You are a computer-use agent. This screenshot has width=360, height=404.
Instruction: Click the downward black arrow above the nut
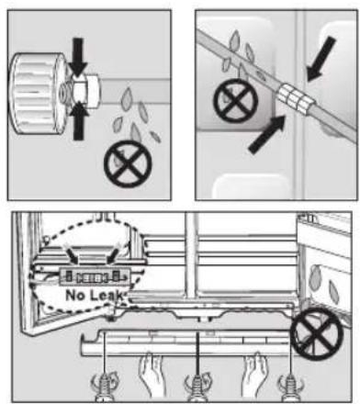click(78, 57)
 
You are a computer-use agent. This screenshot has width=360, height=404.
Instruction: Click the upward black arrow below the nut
click(79, 121)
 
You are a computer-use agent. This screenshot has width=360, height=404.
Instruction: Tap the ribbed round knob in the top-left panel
click(37, 94)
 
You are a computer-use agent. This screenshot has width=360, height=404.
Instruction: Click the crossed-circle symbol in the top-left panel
click(128, 163)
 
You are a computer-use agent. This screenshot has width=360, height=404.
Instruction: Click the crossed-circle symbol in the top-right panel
click(236, 101)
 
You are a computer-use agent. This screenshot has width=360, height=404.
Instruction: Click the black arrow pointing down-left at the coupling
click(321, 59)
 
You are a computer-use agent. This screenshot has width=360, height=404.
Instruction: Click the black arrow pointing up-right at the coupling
click(267, 134)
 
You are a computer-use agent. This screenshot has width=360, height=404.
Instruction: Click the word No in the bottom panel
click(73, 296)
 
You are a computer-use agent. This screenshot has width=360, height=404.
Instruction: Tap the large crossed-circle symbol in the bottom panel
click(317, 333)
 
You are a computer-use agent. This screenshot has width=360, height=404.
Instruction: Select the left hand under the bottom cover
click(152, 376)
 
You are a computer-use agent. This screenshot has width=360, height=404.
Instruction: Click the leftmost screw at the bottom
click(105, 387)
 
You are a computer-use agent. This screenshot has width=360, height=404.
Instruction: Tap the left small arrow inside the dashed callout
click(70, 252)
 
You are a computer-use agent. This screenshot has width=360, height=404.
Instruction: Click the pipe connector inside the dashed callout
click(94, 277)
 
